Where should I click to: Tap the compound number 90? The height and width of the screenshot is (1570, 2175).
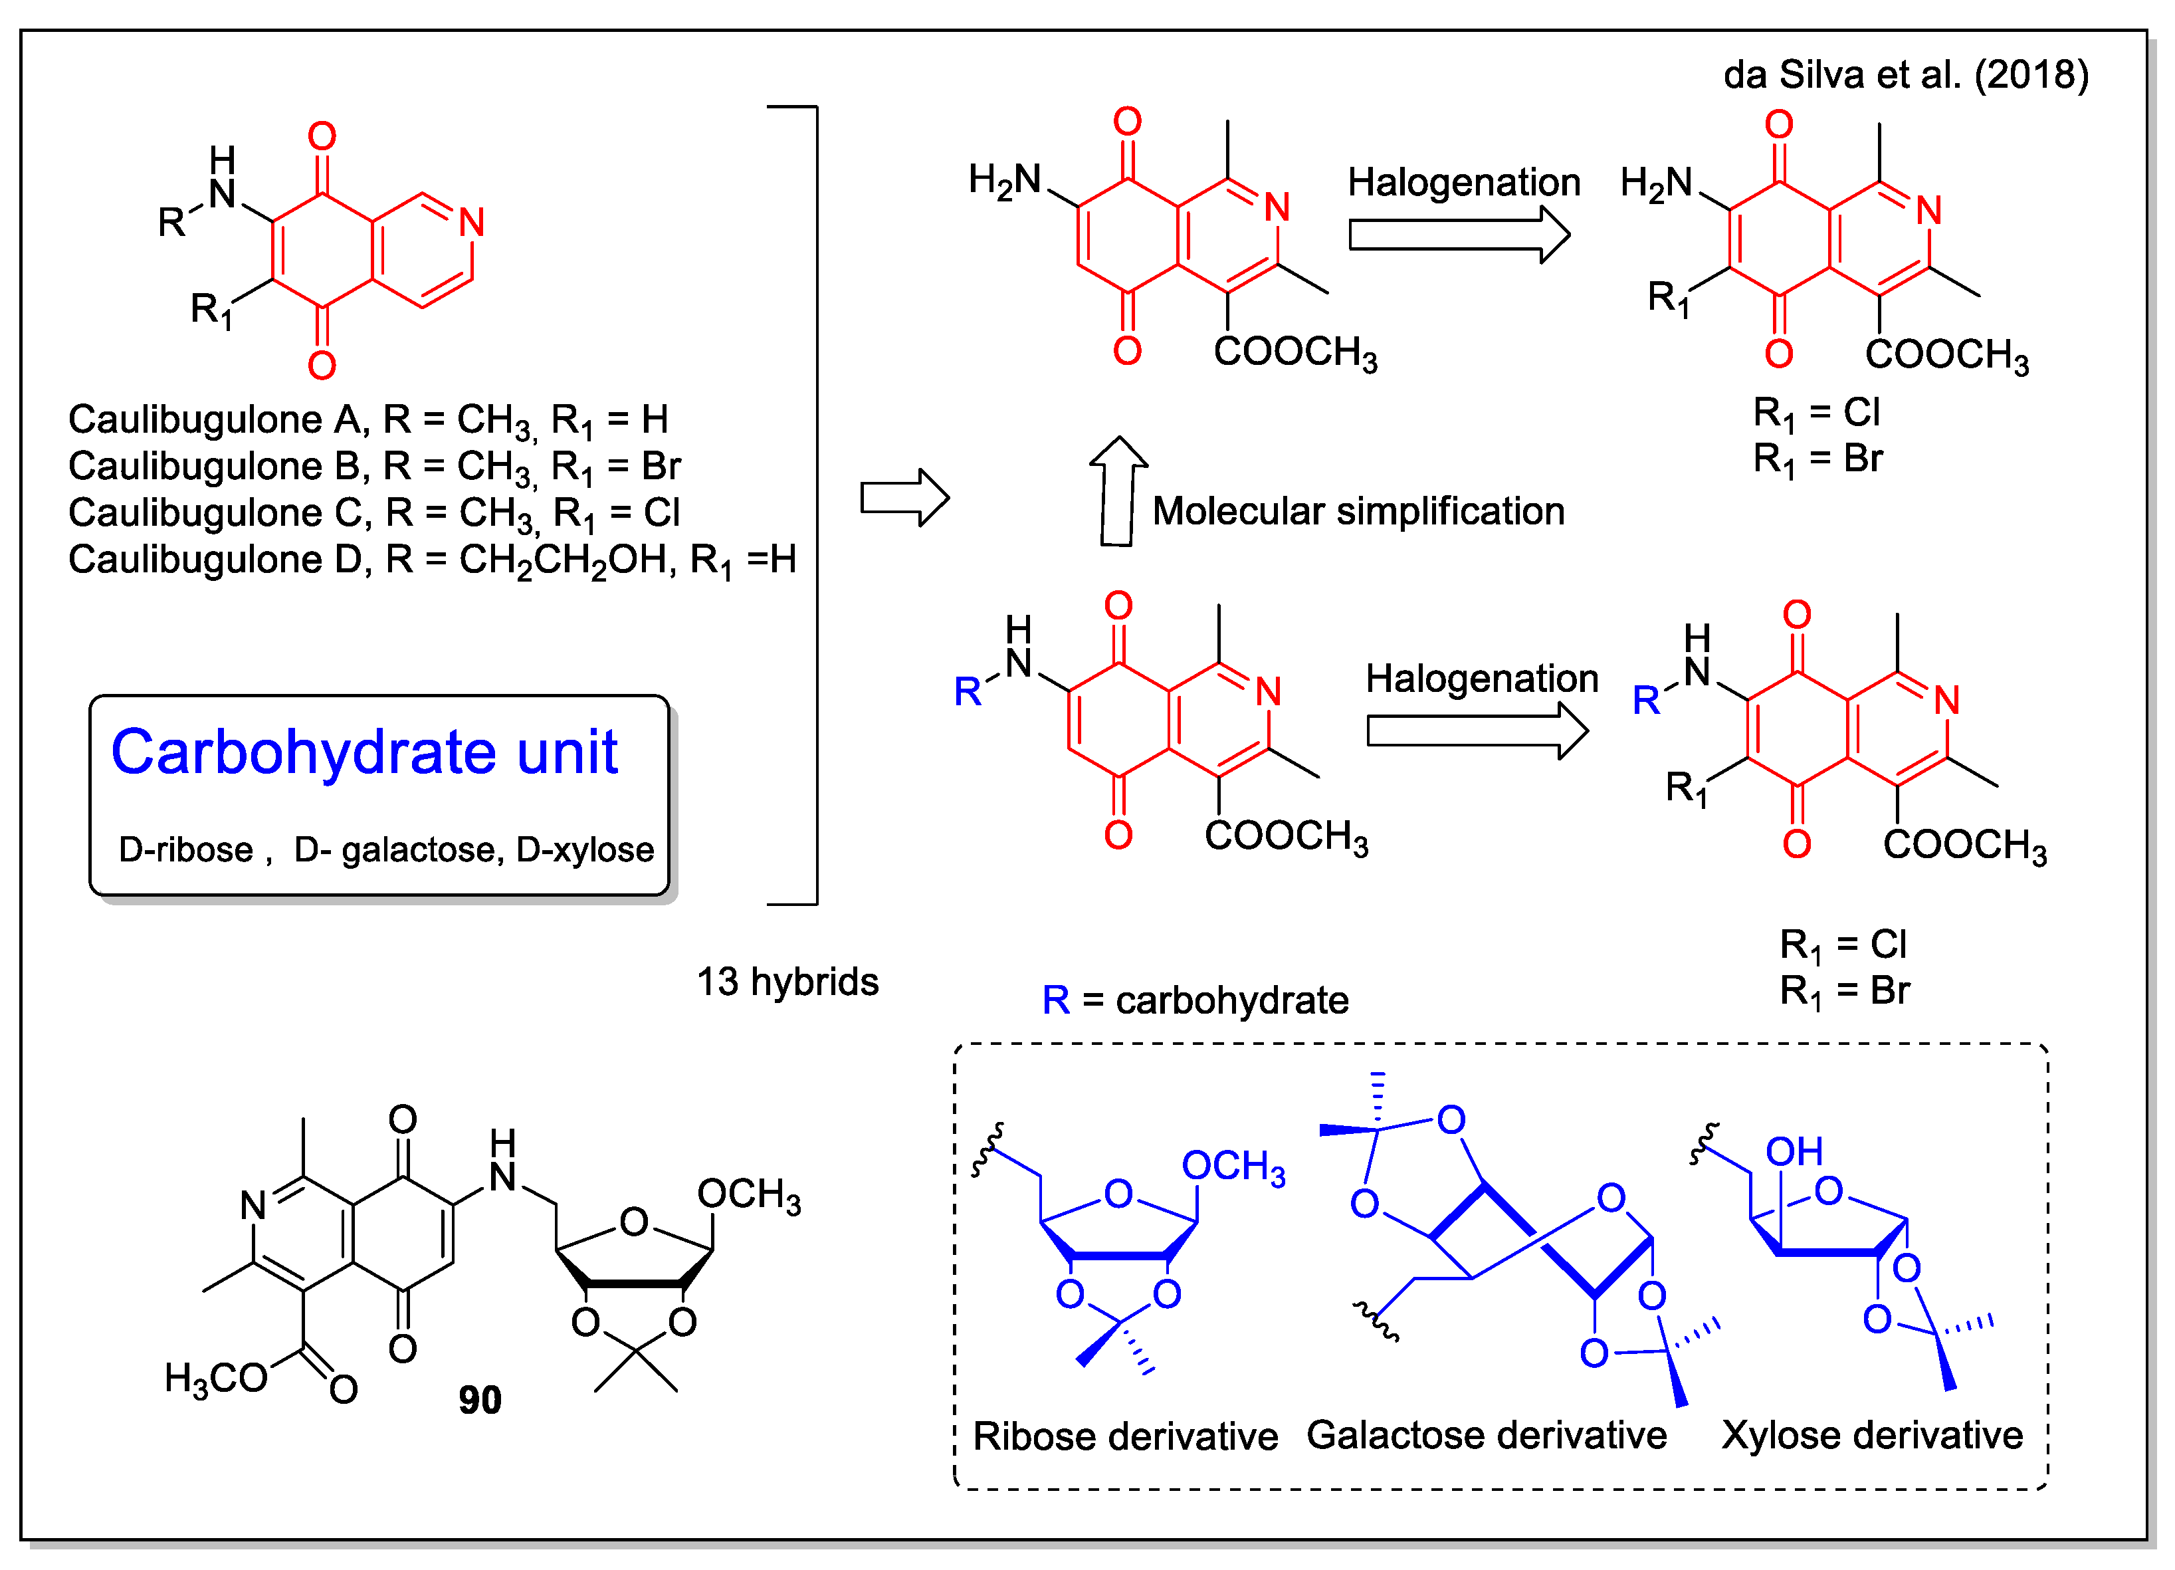(x=480, y=1401)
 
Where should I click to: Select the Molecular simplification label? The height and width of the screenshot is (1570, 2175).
(x=1358, y=511)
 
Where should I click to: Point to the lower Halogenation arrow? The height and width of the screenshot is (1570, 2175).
(x=1476, y=730)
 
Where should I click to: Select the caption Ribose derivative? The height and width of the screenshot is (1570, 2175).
(x=1125, y=1436)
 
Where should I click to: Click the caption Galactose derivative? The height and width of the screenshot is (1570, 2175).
(x=1487, y=1435)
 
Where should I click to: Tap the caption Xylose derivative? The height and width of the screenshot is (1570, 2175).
(x=1871, y=1435)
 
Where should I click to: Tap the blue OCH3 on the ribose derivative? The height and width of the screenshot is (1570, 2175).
(x=1232, y=1167)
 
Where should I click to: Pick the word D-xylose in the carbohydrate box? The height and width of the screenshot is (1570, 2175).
(x=585, y=849)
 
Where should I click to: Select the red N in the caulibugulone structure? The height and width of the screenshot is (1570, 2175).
(x=471, y=223)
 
